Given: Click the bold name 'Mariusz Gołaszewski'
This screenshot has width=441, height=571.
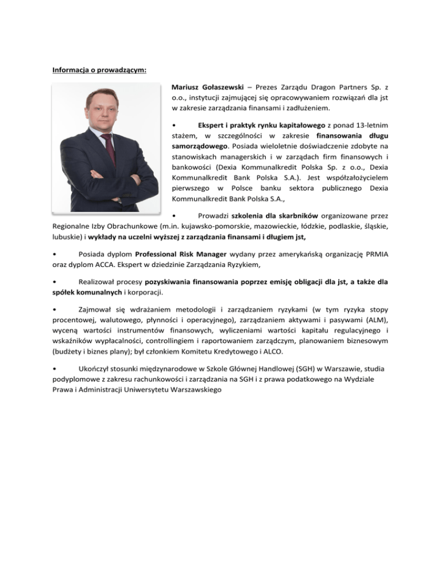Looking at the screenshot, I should pos(207,87).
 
